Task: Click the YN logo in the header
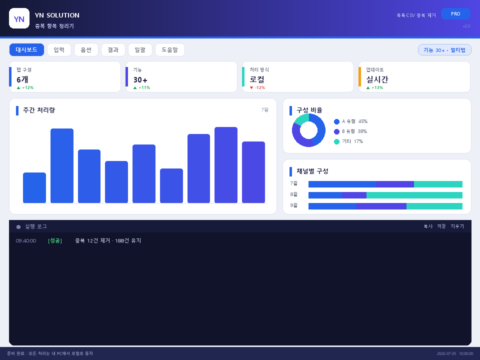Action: click(x=19, y=18)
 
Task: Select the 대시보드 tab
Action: click(x=26, y=50)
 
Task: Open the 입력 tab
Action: click(x=59, y=50)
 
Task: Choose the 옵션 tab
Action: click(x=86, y=50)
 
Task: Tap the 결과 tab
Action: click(x=113, y=50)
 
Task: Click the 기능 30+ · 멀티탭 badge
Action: click(x=444, y=50)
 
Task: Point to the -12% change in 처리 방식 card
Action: click(x=257, y=87)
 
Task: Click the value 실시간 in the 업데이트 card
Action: click(x=377, y=79)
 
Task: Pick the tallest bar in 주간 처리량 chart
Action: click(x=226, y=164)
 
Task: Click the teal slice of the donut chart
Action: click(x=301, y=119)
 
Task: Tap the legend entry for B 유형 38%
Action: click(x=350, y=131)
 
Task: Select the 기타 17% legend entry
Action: click(x=348, y=141)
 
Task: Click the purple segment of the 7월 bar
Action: click(x=395, y=184)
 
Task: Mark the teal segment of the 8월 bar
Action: click(x=414, y=195)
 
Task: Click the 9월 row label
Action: click(x=293, y=205)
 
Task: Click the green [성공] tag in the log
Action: click(x=55, y=241)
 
